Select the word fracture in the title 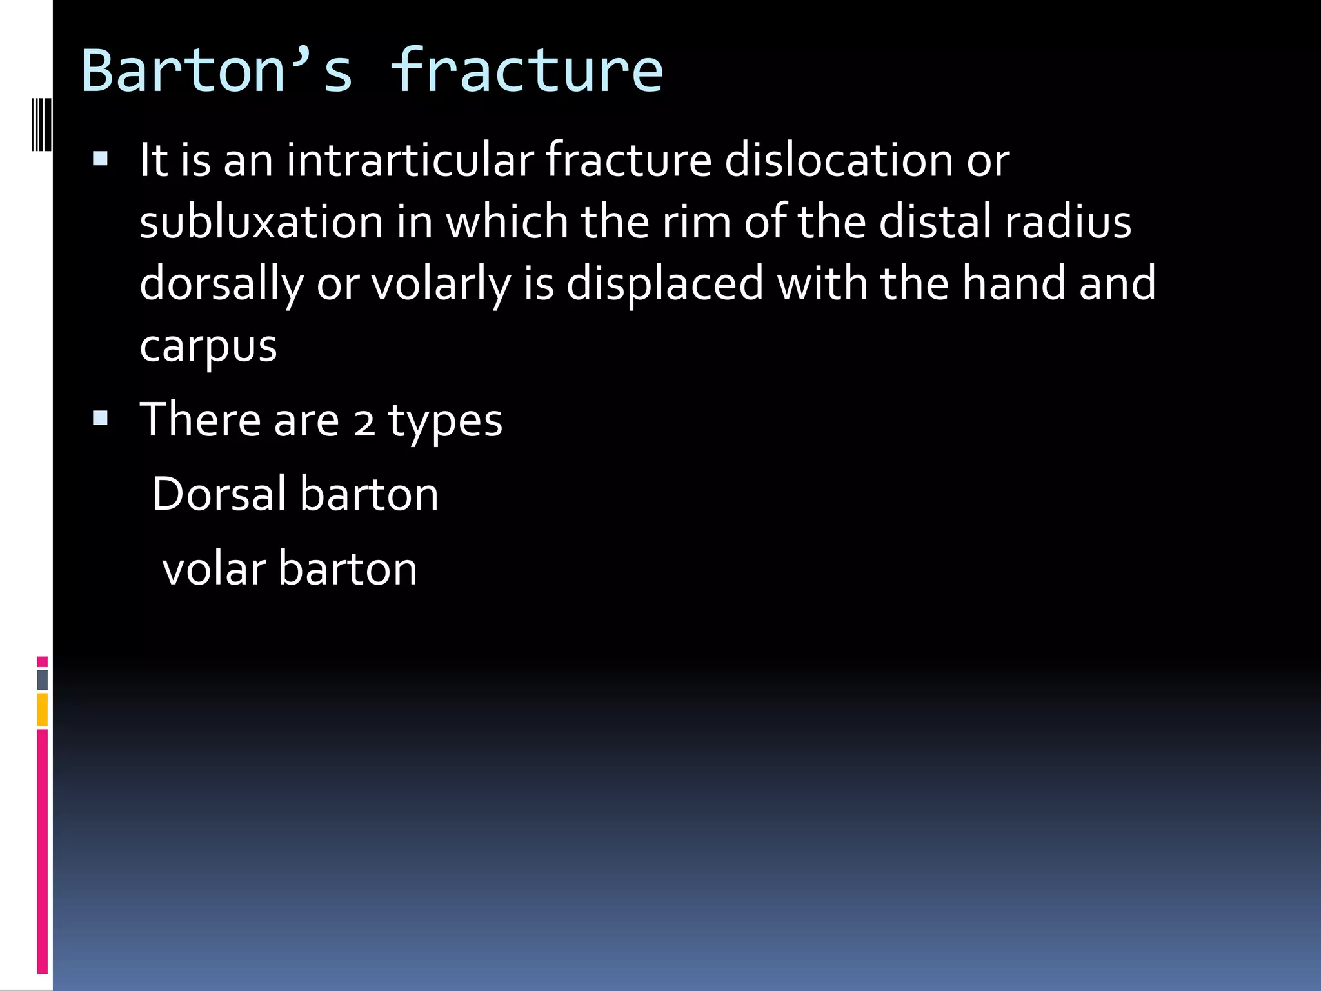[526, 71]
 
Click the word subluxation [261, 222]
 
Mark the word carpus [208, 347]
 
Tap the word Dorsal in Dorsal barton [219, 494]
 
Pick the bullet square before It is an [101, 159]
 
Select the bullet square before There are [101, 419]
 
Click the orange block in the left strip [43, 710]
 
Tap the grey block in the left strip [43, 680]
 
